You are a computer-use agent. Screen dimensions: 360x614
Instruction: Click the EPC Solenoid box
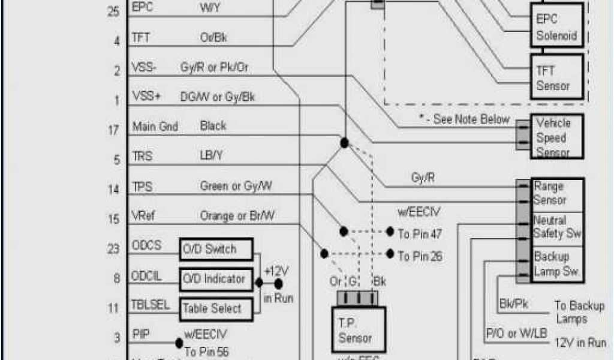pyautogui.click(x=556, y=28)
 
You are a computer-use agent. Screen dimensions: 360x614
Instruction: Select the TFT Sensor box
pyautogui.click(x=557, y=77)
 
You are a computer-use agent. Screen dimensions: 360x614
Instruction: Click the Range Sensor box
pyautogui.click(x=558, y=193)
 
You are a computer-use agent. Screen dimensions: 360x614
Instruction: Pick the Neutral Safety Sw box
pyautogui.click(x=558, y=227)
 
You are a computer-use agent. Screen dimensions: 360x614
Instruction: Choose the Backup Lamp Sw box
pyautogui.click(x=558, y=264)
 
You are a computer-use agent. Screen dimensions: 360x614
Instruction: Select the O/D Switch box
pyautogui.click(x=216, y=249)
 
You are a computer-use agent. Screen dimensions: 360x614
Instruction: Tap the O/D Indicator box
pyautogui.click(x=216, y=278)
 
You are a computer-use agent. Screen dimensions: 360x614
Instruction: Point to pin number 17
pyautogui.click(x=113, y=130)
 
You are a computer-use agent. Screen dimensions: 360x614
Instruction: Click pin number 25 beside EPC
pyautogui.click(x=113, y=11)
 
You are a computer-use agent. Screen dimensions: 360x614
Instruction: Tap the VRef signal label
pyautogui.click(x=144, y=216)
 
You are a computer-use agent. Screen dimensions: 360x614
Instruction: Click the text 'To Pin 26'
pyautogui.click(x=420, y=256)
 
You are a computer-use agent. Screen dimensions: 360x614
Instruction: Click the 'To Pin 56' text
pyautogui.click(x=206, y=352)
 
